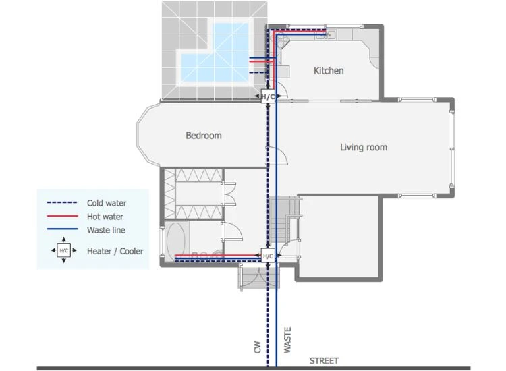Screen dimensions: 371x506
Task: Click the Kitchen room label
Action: point(329,71)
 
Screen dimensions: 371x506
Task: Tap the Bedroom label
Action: point(203,136)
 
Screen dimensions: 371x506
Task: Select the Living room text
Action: point(363,147)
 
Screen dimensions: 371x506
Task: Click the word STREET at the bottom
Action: point(324,361)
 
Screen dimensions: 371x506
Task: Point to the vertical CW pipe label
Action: point(257,347)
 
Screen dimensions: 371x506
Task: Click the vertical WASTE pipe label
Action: point(288,342)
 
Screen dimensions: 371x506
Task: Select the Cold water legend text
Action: point(107,203)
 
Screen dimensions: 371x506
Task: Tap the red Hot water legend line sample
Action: point(63,217)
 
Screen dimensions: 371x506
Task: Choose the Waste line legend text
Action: point(106,230)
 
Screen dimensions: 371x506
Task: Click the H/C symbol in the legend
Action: point(63,250)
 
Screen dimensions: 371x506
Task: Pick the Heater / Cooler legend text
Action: point(113,251)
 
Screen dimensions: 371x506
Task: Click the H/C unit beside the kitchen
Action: point(268,97)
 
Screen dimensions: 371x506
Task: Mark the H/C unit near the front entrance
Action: point(268,256)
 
